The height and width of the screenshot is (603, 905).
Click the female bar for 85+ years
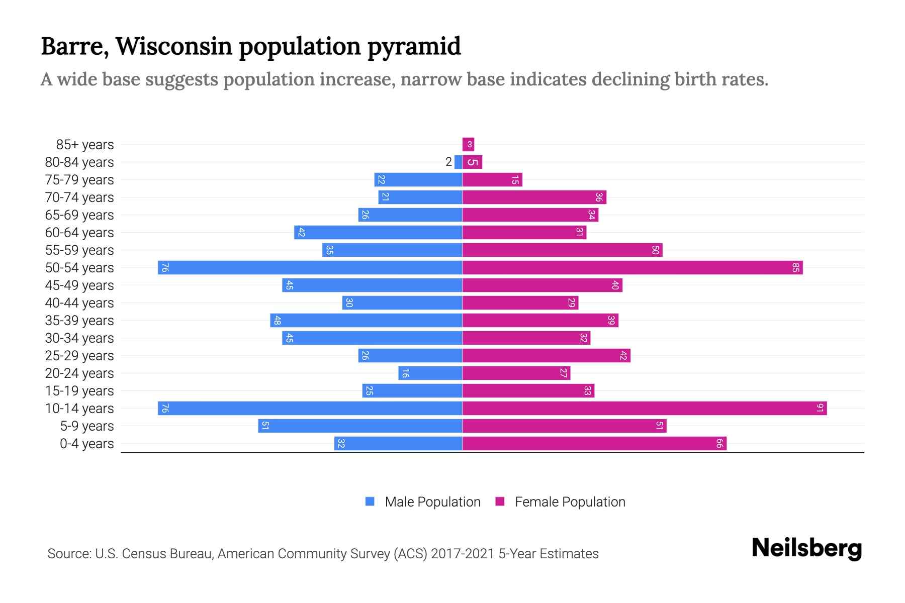468,145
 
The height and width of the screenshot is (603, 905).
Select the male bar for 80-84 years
458,162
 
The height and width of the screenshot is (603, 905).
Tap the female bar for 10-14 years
644,409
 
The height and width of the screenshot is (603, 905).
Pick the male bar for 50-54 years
310,268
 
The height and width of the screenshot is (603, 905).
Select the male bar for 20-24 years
430,373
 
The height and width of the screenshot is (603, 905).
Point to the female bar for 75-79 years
492,180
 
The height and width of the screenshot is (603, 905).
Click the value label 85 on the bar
795,268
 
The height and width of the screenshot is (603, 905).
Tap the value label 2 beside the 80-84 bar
448,162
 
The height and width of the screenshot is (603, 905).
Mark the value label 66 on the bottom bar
719,444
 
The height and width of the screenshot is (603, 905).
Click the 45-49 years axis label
79,285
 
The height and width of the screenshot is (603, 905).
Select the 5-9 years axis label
87,426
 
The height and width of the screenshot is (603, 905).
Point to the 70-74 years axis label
79,197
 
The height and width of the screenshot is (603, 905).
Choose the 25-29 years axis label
79,356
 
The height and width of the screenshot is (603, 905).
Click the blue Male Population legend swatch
370,501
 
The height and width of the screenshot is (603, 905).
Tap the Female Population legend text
570,502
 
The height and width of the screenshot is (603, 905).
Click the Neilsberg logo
806,548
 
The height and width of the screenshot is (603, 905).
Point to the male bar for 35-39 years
366,321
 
